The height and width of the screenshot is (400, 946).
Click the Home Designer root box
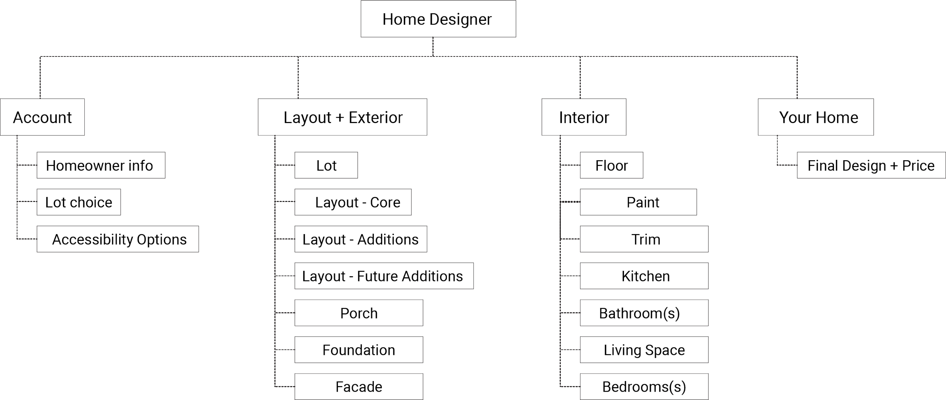point(438,19)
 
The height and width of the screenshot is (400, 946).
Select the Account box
point(42,117)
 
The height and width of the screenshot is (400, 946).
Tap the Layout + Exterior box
point(343,117)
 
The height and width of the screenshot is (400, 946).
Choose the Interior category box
point(584,117)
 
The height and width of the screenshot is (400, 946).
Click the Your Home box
point(816,117)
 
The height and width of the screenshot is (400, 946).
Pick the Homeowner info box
point(101,166)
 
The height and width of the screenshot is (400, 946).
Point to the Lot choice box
point(79,202)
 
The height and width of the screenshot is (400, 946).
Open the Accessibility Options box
point(118,239)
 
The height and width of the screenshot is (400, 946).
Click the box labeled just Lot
point(326,166)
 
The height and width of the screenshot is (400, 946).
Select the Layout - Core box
point(353,202)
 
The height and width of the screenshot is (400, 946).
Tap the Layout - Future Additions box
point(384,276)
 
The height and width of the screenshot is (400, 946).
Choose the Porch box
point(359,313)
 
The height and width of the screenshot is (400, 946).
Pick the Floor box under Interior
point(611,166)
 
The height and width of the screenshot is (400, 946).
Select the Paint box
point(638,202)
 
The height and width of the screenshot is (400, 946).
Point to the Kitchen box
point(644,276)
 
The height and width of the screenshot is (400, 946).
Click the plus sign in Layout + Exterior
point(340,118)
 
